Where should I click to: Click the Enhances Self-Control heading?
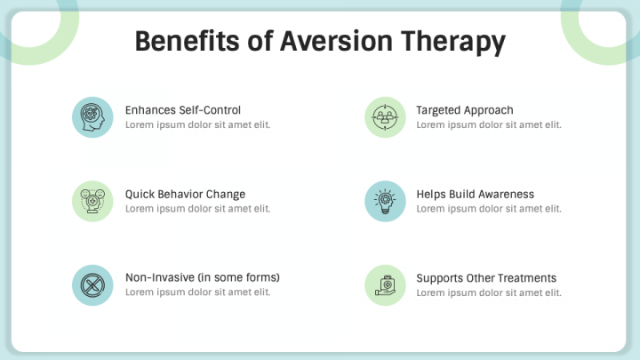tap(183, 110)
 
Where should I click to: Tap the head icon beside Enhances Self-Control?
tap(92, 117)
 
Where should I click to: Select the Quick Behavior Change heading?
tap(185, 194)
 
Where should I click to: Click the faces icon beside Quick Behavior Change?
tap(92, 201)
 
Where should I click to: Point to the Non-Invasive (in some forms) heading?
tap(203, 277)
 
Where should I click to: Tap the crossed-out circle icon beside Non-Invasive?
tap(92, 285)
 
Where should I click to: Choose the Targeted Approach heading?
tap(465, 110)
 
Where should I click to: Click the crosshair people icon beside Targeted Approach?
tap(385, 117)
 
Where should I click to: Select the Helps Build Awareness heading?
tap(476, 194)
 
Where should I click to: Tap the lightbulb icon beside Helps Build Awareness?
tap(385, 201)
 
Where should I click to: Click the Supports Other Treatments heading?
tap(486, 277)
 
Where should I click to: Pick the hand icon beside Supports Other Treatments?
tap(385, 285)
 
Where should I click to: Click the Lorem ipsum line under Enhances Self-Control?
tap(197, 124)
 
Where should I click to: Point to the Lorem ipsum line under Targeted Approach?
tap(489, 124)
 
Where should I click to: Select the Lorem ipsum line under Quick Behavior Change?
tap(197, 208)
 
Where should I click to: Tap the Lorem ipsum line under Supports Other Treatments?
tap(489, 292)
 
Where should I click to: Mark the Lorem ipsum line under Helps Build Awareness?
tap(489, 208)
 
